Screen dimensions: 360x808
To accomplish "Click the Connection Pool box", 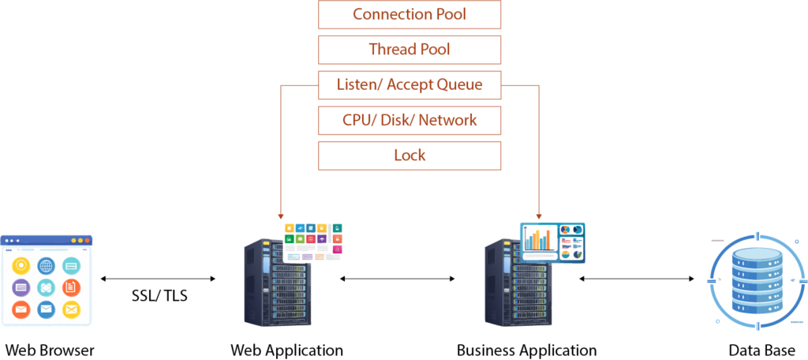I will [x=410, y=14].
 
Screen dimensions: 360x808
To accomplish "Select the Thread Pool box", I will [x=410, y=49].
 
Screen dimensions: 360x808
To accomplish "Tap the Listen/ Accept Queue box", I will [x=410, y=84].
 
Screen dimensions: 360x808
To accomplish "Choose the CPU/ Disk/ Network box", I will [x=410, y=120].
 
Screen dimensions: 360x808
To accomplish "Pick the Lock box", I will [x=410, y=156].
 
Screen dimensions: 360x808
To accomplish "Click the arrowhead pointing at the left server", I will [x=281, y=215].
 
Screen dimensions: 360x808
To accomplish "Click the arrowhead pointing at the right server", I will [x=539, y=215].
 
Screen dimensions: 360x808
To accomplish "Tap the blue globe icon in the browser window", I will [x=47, y=266].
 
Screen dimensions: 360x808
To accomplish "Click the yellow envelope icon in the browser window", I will [x=72, y=309].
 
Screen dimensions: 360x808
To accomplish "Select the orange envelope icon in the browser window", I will [x=21, y=309].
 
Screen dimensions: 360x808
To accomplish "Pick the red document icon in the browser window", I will [x=72, y=287].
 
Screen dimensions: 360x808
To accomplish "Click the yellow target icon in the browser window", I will [x=21, y=266].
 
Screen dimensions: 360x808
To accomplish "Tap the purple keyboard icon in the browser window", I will [x=21, y=287].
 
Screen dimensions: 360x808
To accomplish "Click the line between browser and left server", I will [x=158, y=279].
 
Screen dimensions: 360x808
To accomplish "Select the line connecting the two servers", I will [x=398, y=279].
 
